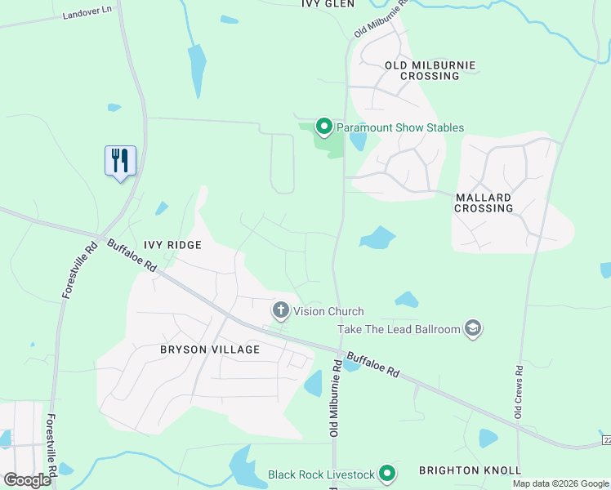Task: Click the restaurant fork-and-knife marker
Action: pyautogui.click(x=120, y=159)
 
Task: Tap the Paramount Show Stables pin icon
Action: pyautogui.click(x=323, y=127)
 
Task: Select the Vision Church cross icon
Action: pyautogui.click(x=280, y=310)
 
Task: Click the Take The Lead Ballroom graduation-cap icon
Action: pyautogui.click(x=472, y=328)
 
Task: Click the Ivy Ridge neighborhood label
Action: pyautogui.click(x=172, y=244)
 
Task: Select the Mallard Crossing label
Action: pyautogui.click(x=484, y=203)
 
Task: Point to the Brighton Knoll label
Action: pyautogui.click(x=470, y=470)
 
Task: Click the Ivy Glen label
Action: pyautogui.click(x=328, y=4)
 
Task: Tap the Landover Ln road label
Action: pyautogui.click(x=87, y=16)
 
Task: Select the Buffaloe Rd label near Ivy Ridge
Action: pyautogui.click(x=132, y=255)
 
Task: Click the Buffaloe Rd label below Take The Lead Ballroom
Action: pyautogui.click(x=372, y=364)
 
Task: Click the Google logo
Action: pyautogui.click(x=27, y=479)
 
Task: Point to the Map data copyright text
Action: pyautogui.click(x=560, y=483)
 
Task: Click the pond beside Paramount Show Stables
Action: pyautogui.click(x=357, y=140)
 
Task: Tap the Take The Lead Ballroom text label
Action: pyautogui.click(x=399, y=329)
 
